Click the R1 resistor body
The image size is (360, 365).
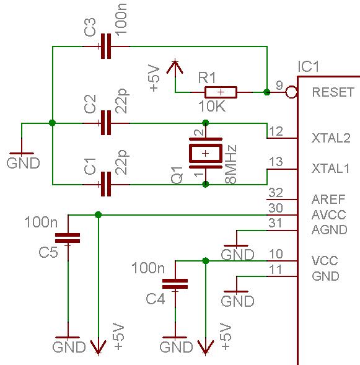tap(221, 92)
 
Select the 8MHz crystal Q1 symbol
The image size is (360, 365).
tap(206, 153)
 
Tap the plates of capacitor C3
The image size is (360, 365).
tap(106, 46)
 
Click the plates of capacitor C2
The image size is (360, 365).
tap(106, 123)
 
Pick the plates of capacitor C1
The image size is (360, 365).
tap(106, 184)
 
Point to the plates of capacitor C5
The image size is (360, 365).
tap(68, 238)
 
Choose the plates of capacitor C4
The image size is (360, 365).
tap(175, 284)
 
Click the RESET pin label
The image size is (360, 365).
tap(333, 92)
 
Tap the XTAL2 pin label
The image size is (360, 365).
tap(331, 138)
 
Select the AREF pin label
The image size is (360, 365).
tap(328, 200)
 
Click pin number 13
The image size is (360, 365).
tap(276, 161)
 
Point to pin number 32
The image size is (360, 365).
tap(276, 193)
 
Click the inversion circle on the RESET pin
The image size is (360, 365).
tap(291, 92)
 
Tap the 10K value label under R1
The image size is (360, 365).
tap(212, 107)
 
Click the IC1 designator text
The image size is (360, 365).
tap(309, 66)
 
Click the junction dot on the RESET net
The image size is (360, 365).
tap(267, 92)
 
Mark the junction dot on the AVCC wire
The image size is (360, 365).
tap(98, 214)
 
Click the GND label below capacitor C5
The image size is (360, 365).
tap(69, 347)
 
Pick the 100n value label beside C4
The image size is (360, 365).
tap(148, 268)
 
